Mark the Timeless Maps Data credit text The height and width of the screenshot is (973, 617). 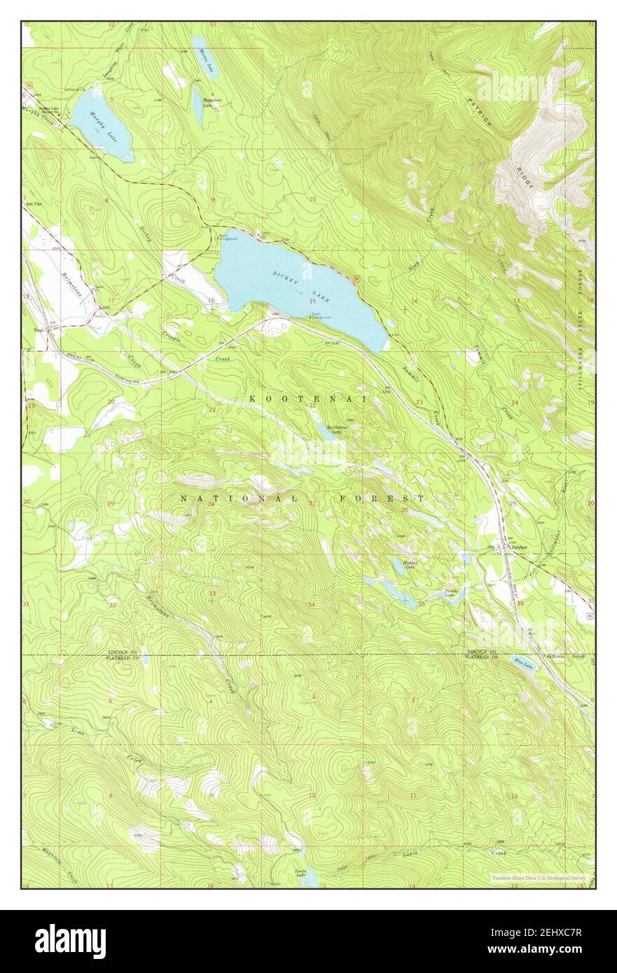point(539,877)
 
